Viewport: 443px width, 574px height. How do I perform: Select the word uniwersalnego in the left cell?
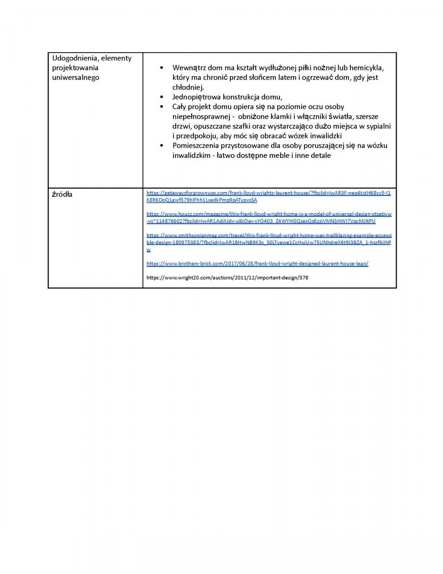tap(76, 77)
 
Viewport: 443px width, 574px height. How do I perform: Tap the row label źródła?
tap(62, 194)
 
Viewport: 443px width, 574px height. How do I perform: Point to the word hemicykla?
tap(367, 67)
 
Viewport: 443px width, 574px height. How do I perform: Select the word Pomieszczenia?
tap(196, 145)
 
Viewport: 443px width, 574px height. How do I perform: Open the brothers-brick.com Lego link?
tap(257, 264)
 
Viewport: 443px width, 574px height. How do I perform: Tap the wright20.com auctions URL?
tap(227, 277)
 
